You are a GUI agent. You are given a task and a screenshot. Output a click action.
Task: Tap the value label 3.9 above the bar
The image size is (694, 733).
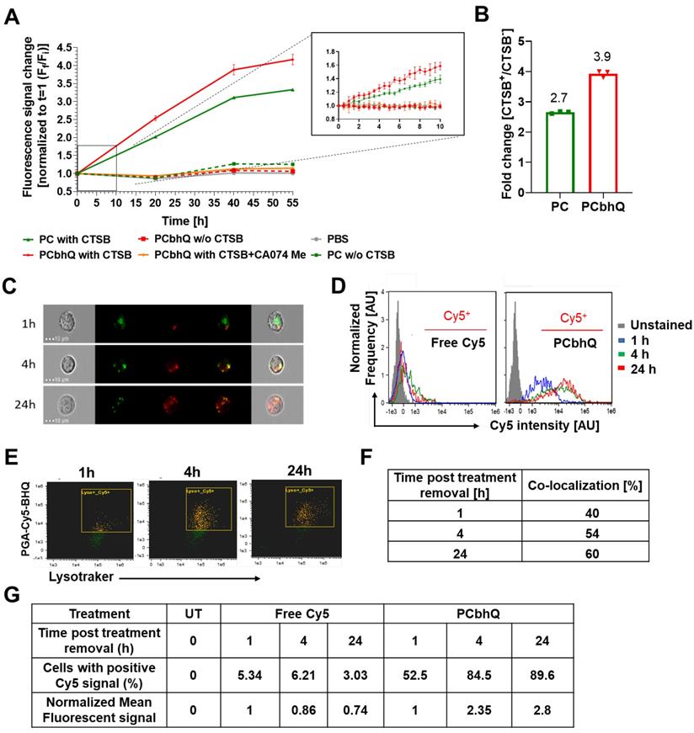pyautogui.click(x=624, y=57)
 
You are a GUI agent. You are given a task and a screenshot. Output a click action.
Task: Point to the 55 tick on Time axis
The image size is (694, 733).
pyautogui.click(x=292, y=202)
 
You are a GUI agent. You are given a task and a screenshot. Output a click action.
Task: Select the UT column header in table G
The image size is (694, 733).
pyautogui.click(x=193, y=613)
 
